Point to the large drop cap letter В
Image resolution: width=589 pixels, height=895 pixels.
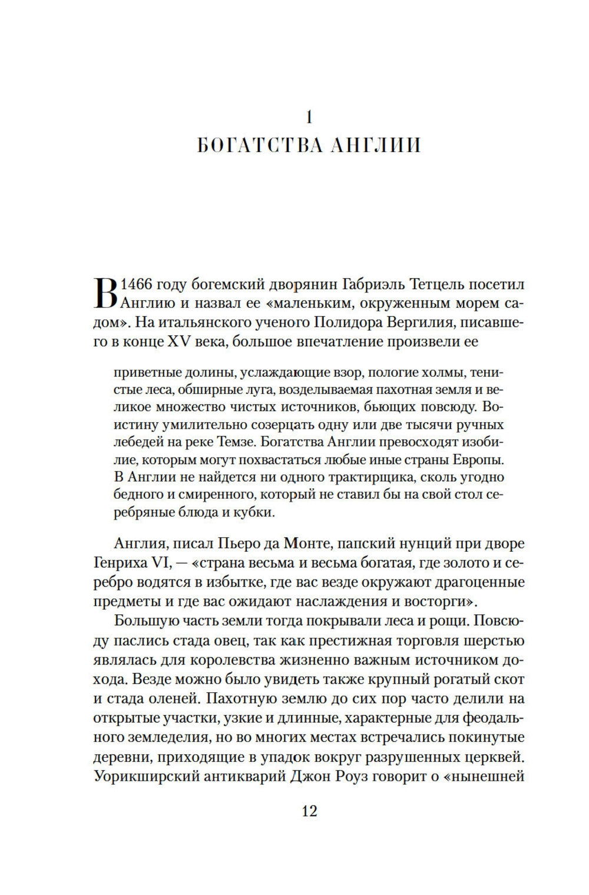pyautogui.click(x=105, y=294)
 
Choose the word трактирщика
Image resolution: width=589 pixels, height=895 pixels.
pyautogui.click(x=338, y=476)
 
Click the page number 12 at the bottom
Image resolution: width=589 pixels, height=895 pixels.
pyautogui.click(x=309, y=811)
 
